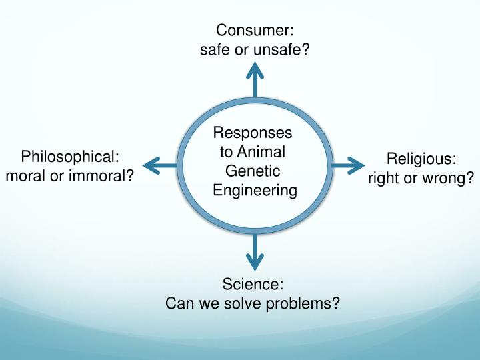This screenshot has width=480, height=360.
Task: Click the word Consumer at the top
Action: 254,30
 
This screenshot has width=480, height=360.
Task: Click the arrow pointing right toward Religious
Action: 348,165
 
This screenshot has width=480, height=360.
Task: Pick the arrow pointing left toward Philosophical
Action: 160,165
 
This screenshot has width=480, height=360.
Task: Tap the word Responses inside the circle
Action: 253,133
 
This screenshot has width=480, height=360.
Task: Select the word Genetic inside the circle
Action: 253,171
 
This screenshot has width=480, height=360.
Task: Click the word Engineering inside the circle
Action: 254,190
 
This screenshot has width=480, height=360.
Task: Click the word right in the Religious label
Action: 385,178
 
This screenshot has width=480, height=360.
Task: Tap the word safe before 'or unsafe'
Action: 215,49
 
